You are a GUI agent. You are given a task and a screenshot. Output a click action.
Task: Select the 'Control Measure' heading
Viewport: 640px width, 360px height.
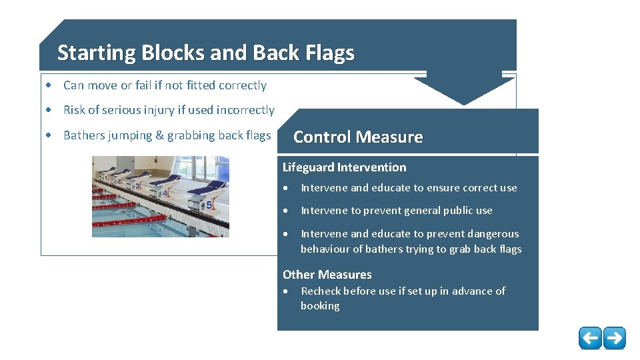pos(358,137)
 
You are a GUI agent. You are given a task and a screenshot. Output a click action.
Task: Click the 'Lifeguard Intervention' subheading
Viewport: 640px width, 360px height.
pos(344,167)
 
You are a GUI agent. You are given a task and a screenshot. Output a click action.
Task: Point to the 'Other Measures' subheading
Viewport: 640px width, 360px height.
pos(327,275)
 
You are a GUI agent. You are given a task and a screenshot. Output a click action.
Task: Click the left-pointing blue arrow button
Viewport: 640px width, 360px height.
pos(590,338)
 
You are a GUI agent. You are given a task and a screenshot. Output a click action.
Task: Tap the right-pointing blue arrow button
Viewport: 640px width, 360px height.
pos(614,338)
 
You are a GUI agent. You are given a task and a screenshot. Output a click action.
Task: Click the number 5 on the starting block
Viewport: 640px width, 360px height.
pos(209,205)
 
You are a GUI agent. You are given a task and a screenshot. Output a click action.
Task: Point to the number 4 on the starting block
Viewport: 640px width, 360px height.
pos(165,194)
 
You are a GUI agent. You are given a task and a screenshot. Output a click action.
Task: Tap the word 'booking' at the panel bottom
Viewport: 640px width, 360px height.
pos(320,306)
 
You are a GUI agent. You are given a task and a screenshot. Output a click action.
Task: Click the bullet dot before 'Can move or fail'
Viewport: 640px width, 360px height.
pos(50,85)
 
